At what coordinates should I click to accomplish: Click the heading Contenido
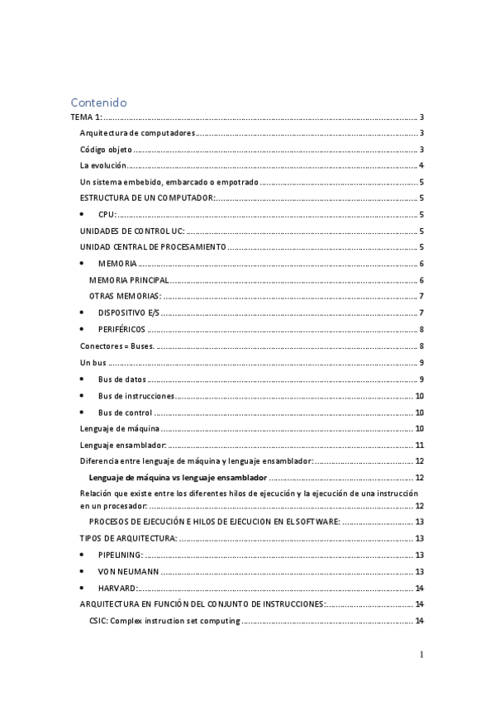[98, 103]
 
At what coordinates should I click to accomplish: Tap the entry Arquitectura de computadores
[137, 134]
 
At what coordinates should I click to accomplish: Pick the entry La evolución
[102, 166]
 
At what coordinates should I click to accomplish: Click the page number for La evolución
[421, 166]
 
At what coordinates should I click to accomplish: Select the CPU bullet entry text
[107, 214]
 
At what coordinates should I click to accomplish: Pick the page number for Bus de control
[420, 412]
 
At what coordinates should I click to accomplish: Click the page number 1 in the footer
[421, 655]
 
